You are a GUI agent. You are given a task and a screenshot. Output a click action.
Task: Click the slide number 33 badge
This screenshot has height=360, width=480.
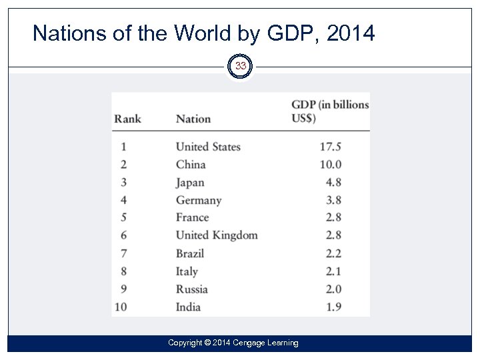pyautogui.click(x=240, y=66)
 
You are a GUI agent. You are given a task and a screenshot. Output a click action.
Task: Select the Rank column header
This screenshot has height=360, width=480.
pyautogui.click(x=127, y=119)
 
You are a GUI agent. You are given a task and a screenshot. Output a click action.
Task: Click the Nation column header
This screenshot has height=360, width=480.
pyautogui.click(x=193, y=119)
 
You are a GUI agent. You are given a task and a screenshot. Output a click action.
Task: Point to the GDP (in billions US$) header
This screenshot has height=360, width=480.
pyautogui.click(x=330, y=111)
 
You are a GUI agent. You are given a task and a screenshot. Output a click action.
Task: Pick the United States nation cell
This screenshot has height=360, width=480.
pyautogui.click(x=208, y=147)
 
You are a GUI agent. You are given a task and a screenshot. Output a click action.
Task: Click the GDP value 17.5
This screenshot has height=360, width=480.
pyautogui.click(x=331, y=147)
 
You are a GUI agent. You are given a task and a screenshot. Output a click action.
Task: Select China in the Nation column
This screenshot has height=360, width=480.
pyautogui.click(x=191, y=165)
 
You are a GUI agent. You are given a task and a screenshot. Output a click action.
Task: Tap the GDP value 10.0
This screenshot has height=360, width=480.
pyautogui.click(x=331, y=165)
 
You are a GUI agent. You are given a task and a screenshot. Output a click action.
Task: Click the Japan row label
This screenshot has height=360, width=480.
pyautogui.click(x=190, y=183)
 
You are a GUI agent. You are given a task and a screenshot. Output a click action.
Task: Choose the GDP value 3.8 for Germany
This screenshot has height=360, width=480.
pyautogui.click(x=333, y=200)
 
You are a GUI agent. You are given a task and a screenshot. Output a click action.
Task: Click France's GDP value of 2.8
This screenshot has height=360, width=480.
pyautogui.click(x=333, y=218)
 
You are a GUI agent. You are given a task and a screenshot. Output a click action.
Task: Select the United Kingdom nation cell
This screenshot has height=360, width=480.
pyautogui.click(x=217, y=235)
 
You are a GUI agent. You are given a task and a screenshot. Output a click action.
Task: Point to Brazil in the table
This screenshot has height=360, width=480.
pyautogui.click(x=190, y=253)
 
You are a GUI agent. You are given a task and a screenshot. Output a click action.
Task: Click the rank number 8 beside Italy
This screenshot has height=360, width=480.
pyautogui.click(x=123, y=271)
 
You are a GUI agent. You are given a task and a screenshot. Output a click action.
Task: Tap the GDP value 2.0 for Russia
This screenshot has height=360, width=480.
pyautogui.click(x=333, y=289)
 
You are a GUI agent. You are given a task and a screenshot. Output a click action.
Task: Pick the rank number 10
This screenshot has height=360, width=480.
pyautogui.click(x=120, y=307)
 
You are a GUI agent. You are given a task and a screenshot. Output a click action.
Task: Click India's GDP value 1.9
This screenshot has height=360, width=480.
pyautogui.click(x=333, y=307)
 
